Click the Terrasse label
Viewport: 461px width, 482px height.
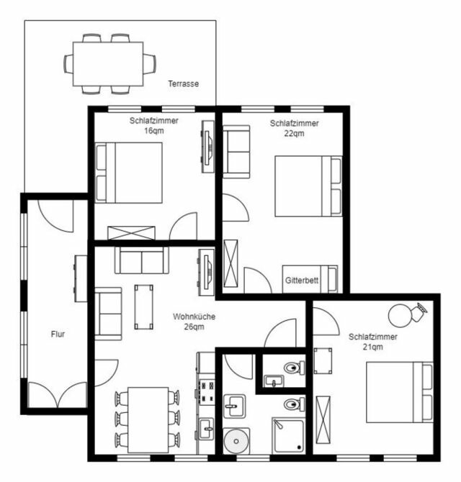click(183, 83)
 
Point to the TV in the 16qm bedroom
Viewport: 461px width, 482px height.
click(207, 146)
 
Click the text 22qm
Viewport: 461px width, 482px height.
click(294, 133)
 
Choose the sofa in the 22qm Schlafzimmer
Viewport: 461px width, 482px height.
click(236, 151)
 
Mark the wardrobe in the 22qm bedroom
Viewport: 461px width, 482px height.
click(234, 265)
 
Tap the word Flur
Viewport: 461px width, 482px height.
click(58, 334)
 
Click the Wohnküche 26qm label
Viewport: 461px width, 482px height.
click(194, 322)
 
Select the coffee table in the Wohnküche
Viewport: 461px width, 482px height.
click(144, 306)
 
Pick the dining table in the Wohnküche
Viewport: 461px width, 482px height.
click(147, 419)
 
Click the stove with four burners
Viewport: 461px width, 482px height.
click(207, 392)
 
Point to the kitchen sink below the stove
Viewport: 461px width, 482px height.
click(206, 428)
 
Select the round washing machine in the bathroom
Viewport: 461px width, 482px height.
click(236, 440)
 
